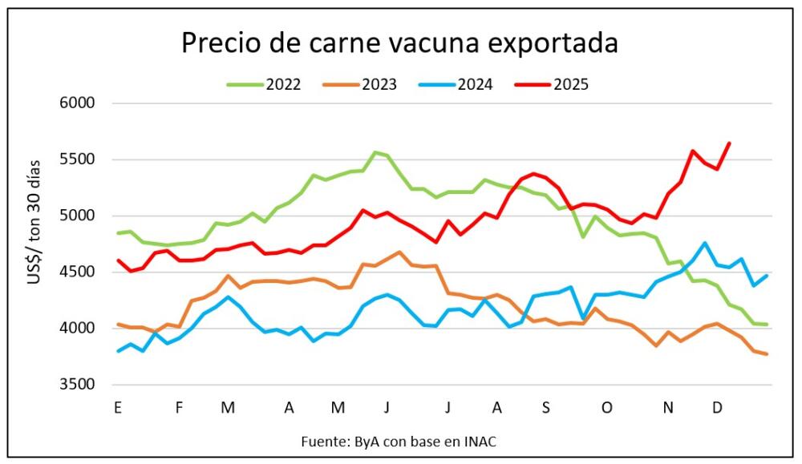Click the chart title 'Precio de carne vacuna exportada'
pyautogui.click(x=399, y=42)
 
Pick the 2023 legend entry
pyautogui.click(x=378, y=83)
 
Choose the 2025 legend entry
pyautogui.click(x=570, y=83)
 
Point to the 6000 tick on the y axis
pyautogui.click(x=78, y=103)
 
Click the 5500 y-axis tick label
pyautogui.click(x=78, y=159)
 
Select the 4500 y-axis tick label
pyautogui.click(x=78, y=272)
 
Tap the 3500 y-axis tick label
pyautogui.click(x=78, y=385)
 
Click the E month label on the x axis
pyautogui.click(x=118, y=408)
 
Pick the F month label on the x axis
pyautogui.click(x=179, y=408)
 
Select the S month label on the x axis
pyautogui.click(x=545, y=408)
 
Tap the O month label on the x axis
pyautogui.click(x=607, y=408)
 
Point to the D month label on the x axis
pyautogui.click(x=718, y=408)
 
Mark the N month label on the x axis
pyautogui.click(x=668, y=408)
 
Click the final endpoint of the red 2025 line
pyautogui.click(x=729, y=143)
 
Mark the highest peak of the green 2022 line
pyautogui.click(x=375, y=152)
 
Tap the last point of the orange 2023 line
pyautogui.click(x=767, y=354)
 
